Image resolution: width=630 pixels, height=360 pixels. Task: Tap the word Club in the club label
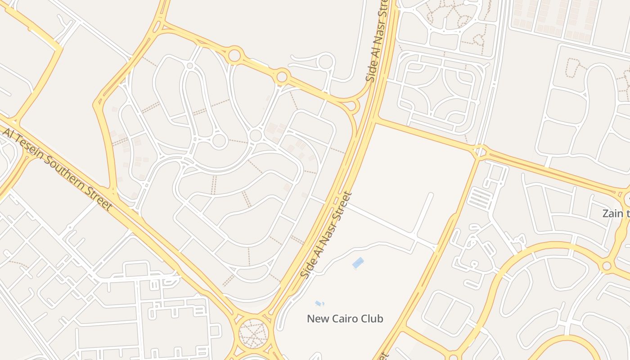click(372, 319)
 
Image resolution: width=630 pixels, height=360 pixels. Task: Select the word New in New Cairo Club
click(317, 319)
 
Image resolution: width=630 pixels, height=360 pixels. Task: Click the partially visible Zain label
click(616, 213)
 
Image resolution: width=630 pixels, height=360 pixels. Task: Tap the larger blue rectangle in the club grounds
click(358, 262)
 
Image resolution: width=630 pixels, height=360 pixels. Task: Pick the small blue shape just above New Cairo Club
click(319, 303)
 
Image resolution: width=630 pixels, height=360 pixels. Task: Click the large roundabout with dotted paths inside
click(252, 333)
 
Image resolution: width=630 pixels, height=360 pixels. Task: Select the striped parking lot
click(481, 198)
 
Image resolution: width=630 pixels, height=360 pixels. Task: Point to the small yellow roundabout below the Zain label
click(607, 265)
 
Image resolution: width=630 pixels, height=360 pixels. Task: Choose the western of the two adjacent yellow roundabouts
click(234, 56)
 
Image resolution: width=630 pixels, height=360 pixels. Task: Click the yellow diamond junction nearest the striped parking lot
click(480, 152)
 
